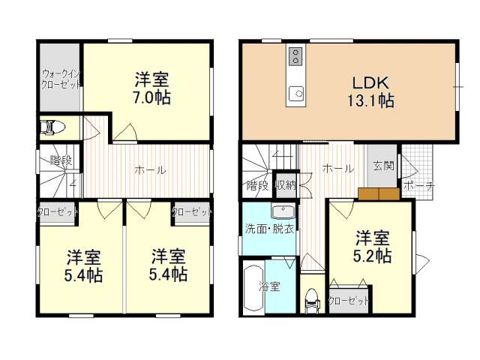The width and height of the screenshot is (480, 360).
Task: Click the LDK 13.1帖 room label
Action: pyautogui.click(x=370, y=91)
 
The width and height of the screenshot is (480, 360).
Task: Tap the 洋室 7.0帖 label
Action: pyautogui.click(x=151, y=88)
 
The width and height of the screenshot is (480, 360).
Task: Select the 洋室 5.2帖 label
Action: pyautogui.click(x=372, y=247)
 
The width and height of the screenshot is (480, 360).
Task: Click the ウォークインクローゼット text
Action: pyautogui.click(x=61, y=79)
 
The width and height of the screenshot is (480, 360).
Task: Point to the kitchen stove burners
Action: pyautogui.click(x=295, y=56)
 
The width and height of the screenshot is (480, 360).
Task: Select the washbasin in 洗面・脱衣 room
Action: pyautogui.click(x=283, y=212)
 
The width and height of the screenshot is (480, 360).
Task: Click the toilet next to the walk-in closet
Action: pyautogui.click(x=52, y=127)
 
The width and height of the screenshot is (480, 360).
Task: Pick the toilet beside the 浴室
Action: pyautogui.click(x=313, y=301)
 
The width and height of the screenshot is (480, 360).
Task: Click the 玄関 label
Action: pyautogui.click(x=383, y=166)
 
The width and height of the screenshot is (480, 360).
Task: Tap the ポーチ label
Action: pyautogui.click(x=418, y=186)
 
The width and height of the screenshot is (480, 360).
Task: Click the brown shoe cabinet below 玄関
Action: pyautogui.click(x=379, y=193)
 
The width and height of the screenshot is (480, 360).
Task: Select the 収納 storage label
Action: pyautogui.click(x=286, y=185)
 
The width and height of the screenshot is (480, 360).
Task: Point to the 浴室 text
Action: pyautogui.click(x=269, y=286)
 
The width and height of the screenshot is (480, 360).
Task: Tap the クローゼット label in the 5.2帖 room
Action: pyautogui.click(x=348, y=301)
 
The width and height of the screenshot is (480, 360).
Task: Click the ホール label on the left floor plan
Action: pyautogui.click(x=150, y=170)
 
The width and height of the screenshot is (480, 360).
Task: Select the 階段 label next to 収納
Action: pyautogui.click(x=257, y=185)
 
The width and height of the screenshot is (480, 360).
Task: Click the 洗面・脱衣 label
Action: pyautogui.click(x=269, y=229)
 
